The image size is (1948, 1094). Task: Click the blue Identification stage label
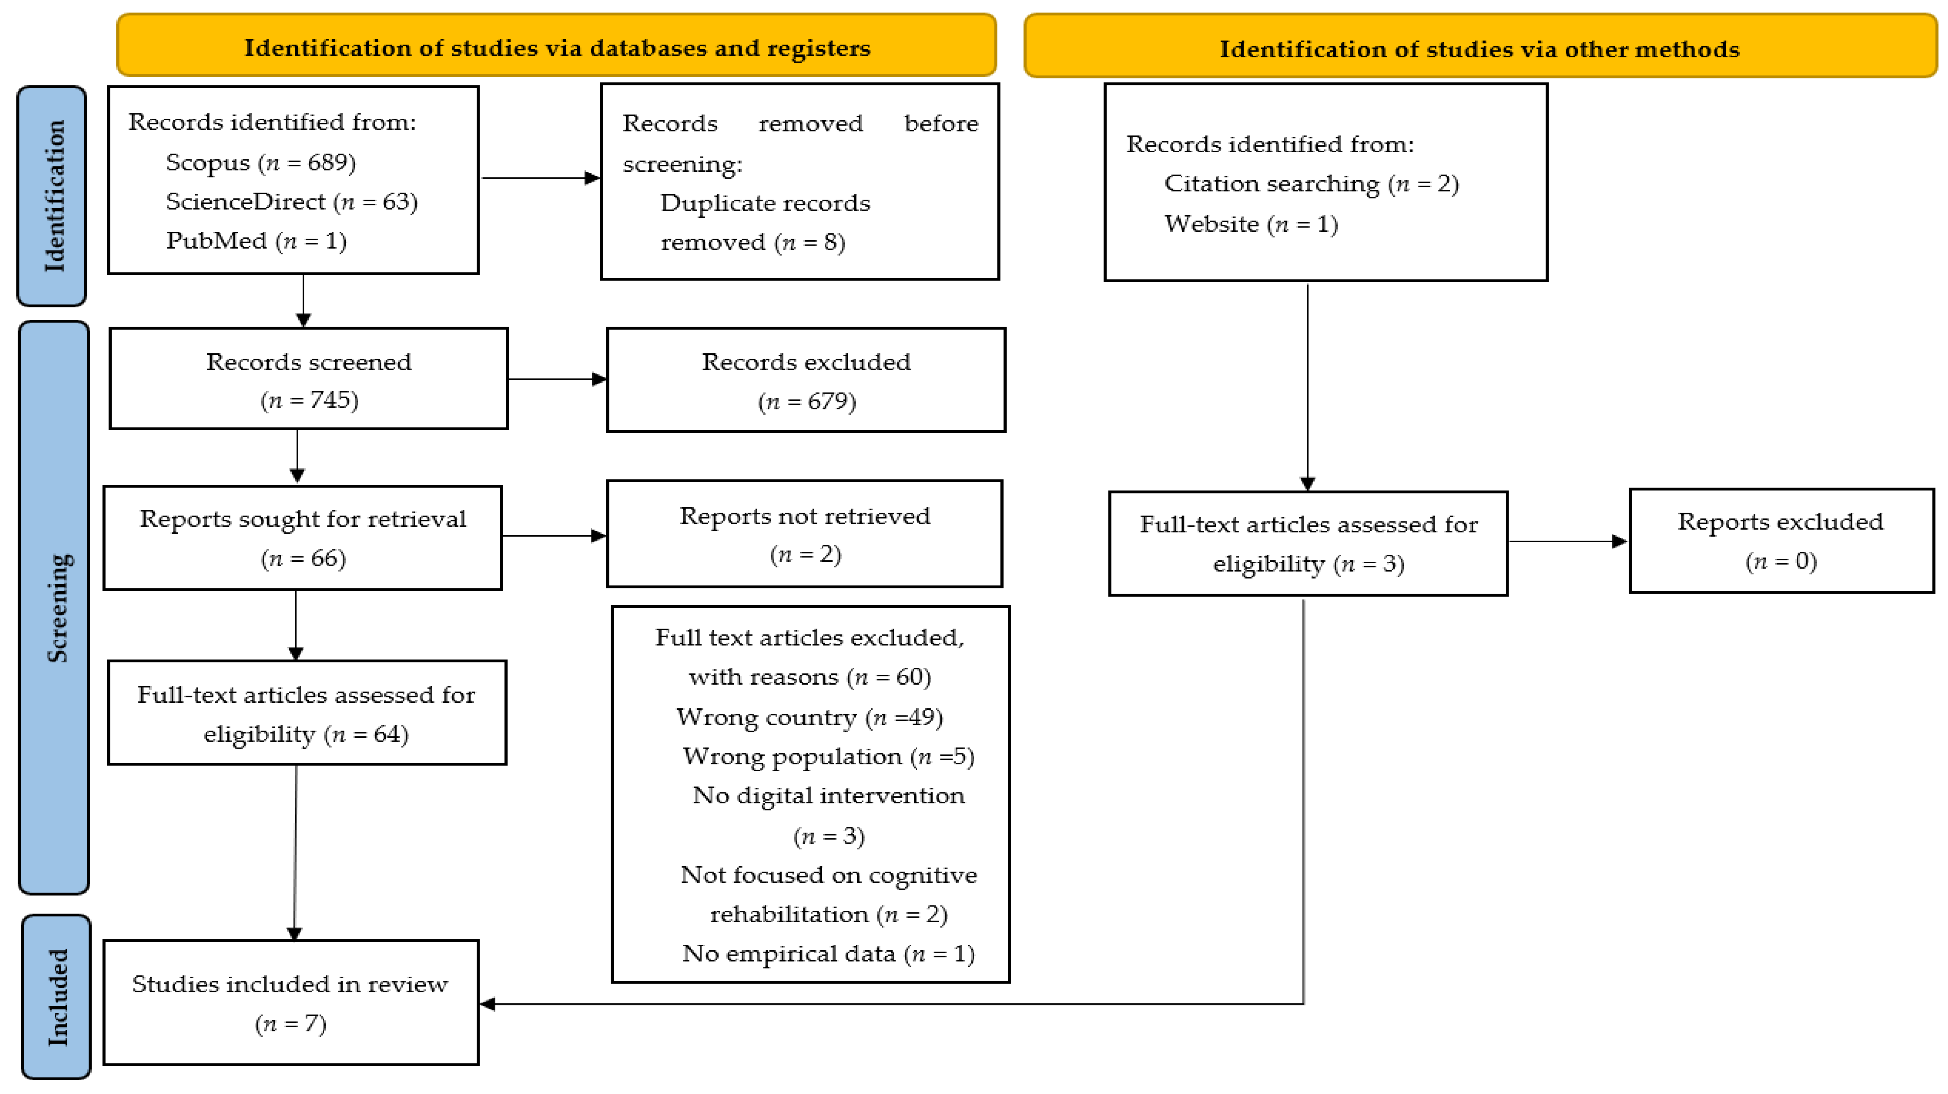pos(51,196)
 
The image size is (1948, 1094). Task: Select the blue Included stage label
pos(56,996)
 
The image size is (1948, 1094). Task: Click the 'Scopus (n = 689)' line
pos(261,163)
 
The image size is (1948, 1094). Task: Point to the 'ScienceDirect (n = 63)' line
pos(292,202)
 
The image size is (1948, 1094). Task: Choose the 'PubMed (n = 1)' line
pos(256,241)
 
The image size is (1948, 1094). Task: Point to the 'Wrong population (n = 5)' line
pos(829,757)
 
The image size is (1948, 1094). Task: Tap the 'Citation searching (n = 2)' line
pos(1311,184)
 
